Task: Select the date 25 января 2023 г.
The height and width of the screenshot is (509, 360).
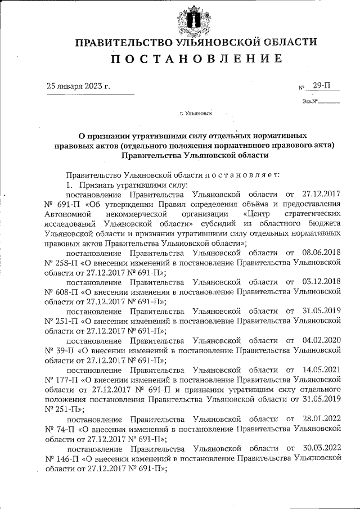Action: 78,86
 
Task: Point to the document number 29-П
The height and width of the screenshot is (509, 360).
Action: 322,85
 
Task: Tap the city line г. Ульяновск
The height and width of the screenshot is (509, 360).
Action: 195,114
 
